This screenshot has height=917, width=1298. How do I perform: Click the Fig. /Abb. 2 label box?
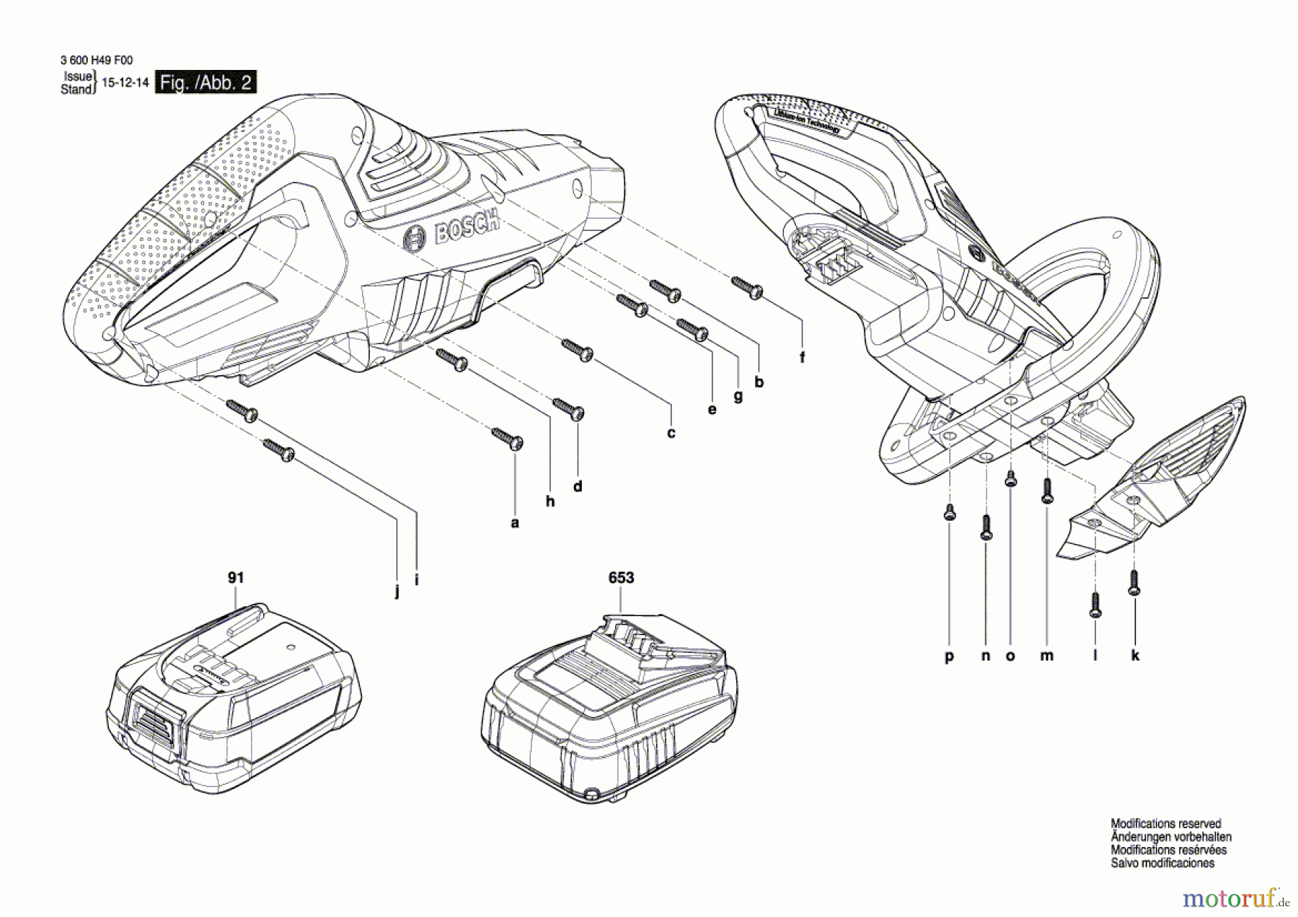pyautogui.click(x=206, y=82)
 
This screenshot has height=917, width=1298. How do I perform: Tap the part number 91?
pyautogui.click(x=236, y=577)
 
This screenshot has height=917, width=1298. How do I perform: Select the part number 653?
pyautogui.click(x=621, y=577)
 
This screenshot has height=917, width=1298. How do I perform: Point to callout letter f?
pyautogui.click(x=802, y=357)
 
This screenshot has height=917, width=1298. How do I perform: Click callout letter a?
pyautogui.click(x=514, y=522)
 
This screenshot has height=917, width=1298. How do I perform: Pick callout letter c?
pyautogui.click(x=671, y=433)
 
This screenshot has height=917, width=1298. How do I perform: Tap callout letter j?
pyautogui.click(x=397, y=593)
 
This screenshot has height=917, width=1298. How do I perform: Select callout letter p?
pyautogui.click(x=949, y=656)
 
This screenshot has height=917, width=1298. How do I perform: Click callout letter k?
pyautogui.click(x=1135, y=655)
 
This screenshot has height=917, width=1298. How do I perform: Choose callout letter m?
pyautogui.click(x=1047, y=655)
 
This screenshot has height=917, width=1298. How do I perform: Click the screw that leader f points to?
pyautogui.click(x=748, y=287)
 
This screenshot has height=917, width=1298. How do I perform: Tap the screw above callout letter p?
pyautogui.click(x=950, y=512)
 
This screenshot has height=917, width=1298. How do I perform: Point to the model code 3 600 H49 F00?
pyautogui.click(x=96, y=61)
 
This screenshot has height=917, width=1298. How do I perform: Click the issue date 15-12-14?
pyautogui.click(x=125, y=82)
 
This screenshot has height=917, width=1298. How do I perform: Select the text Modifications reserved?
pyautogui.click(x=1165, y=823)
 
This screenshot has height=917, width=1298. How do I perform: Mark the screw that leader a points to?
pyautogui.click(x=508, y=437)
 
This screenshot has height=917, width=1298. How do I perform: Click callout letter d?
pyautogui.click(x=578, y=486)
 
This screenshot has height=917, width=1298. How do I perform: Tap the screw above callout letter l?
pyautogui.click(x=1095, y=605)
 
